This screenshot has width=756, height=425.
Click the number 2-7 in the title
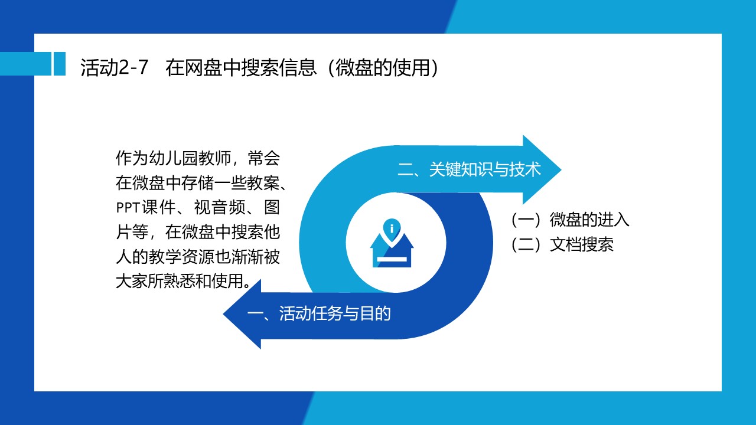coord(133,67)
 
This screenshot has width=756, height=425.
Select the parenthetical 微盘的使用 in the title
coord(383,67)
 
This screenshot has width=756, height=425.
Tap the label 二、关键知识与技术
coord(469,169)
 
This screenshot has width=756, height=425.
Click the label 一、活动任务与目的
coord(318,313)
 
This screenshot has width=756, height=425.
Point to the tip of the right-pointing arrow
coord(561,169)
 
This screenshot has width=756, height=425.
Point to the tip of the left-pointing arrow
coord(223,314)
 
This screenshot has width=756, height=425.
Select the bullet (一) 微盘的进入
coord(570,220)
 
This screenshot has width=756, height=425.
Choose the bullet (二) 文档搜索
coord(562,244)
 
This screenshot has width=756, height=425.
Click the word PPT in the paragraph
coord(128,208)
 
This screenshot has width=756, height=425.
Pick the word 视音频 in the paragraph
coord(219,207)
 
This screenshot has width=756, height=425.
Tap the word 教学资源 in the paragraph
coord(181,257)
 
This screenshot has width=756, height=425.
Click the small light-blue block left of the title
coord(60,63)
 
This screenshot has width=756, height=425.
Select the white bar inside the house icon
coord(392,259)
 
